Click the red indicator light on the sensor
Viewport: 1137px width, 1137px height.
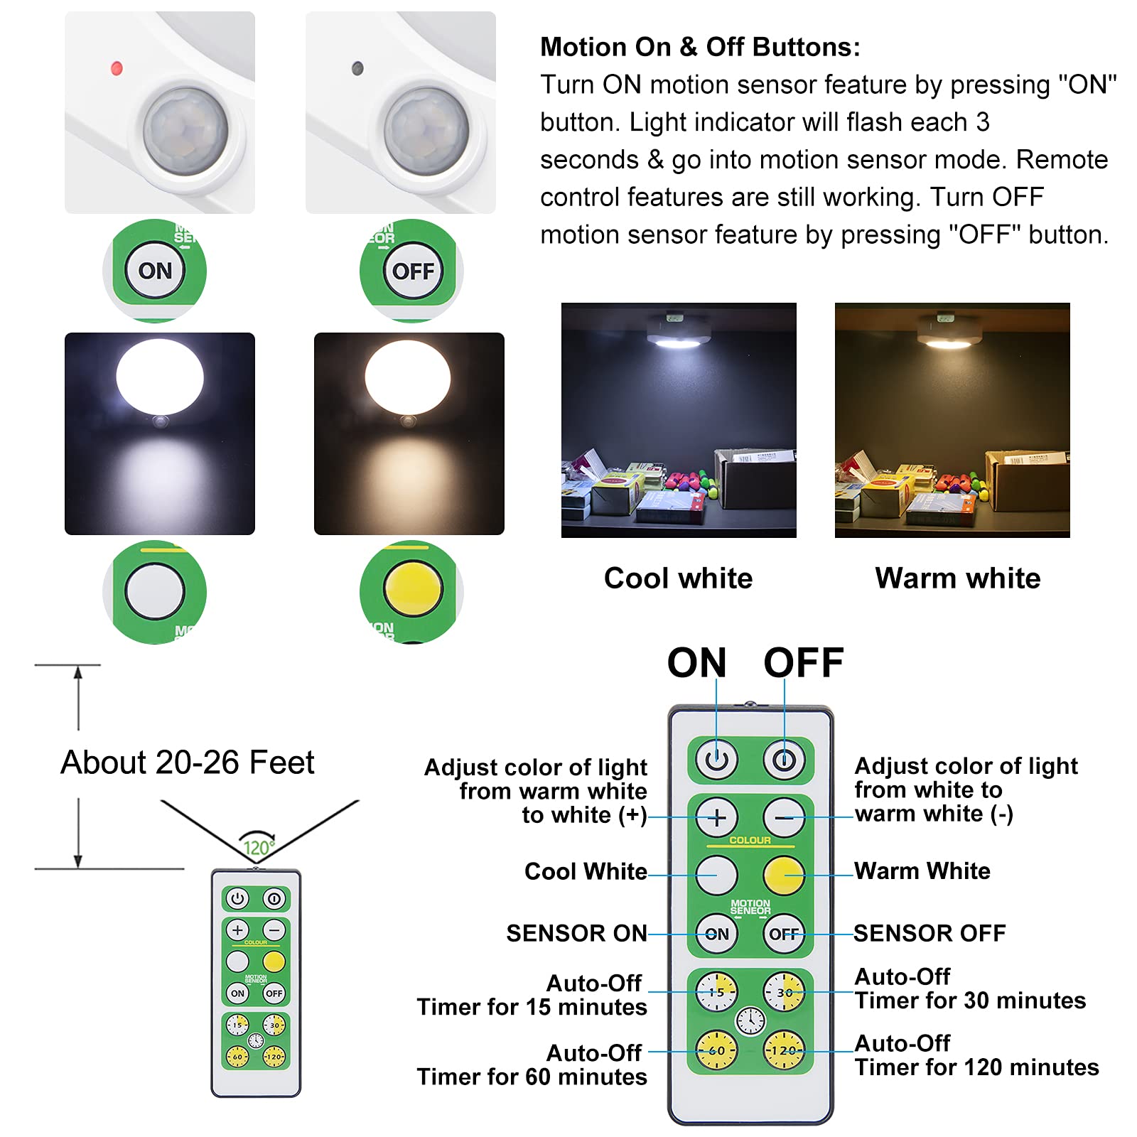click(117, 68)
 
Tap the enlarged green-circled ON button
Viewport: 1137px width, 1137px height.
click(155, 271)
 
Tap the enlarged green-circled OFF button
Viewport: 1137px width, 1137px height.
click(412, 271)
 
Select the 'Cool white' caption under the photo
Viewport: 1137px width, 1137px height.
click(678, 578)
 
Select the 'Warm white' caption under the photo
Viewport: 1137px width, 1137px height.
click(957, 578)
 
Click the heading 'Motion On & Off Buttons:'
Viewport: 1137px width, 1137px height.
click(700, 47)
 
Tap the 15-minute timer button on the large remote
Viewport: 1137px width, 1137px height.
click(716, 992)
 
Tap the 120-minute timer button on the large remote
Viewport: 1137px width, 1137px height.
click(784, 1050)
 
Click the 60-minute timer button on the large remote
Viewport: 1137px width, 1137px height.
click(716, 1050)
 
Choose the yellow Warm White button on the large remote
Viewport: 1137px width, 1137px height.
click(784, 875)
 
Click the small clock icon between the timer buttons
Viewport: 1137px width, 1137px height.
click(750, 1021)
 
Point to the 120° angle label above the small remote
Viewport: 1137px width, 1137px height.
click(257, 847)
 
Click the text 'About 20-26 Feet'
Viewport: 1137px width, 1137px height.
click(187, 763)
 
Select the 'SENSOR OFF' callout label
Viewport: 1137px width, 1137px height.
click(929, 933)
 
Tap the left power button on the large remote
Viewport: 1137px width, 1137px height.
click(716, 760)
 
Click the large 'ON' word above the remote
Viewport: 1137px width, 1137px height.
click(696, 663)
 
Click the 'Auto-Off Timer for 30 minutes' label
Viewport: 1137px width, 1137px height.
click(969, 988)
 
